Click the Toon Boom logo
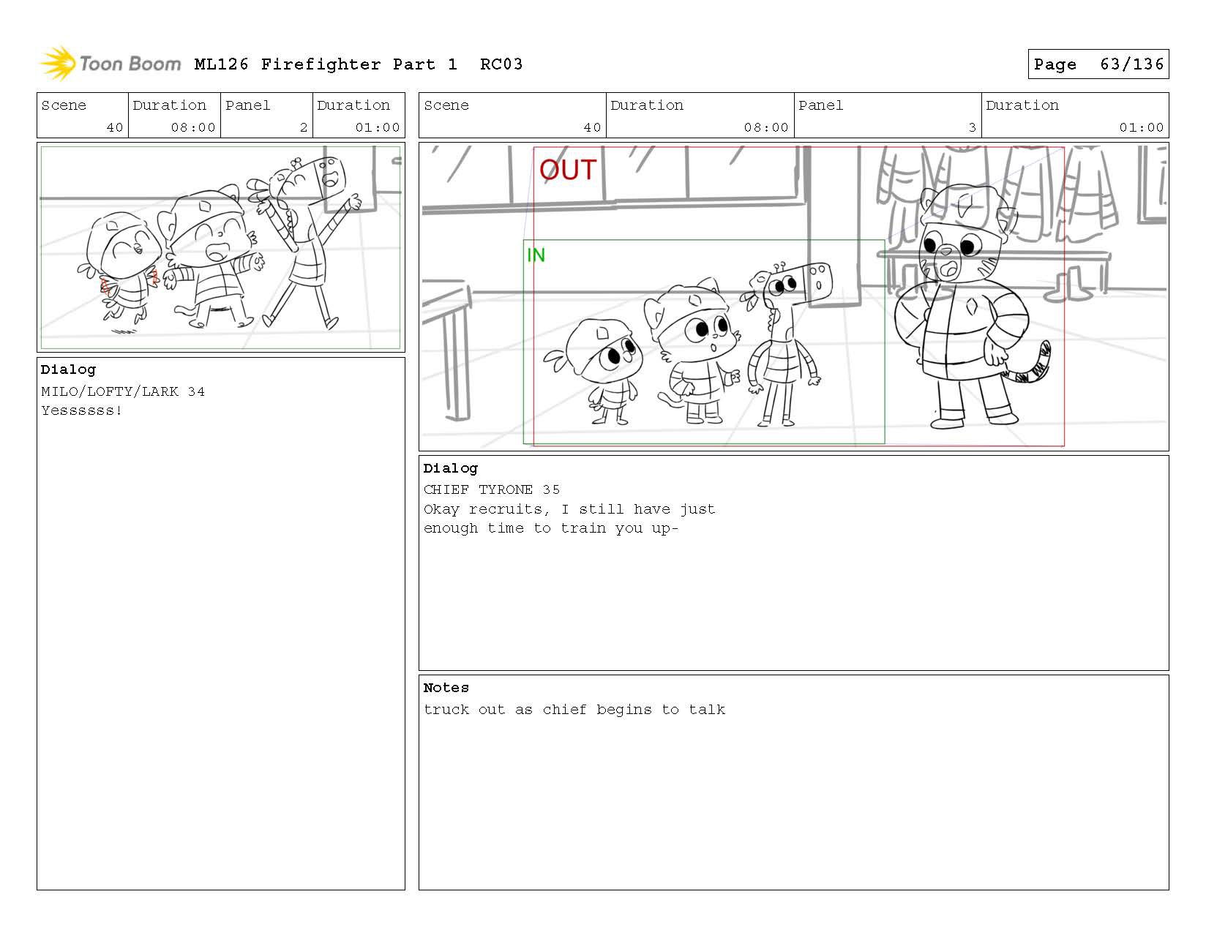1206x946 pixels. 111,64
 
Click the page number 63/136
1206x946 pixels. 1131,64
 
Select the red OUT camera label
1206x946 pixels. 568,170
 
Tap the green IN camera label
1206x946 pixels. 536,255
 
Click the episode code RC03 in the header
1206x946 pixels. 501,64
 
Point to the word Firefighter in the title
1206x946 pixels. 321,65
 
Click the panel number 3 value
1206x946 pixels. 973,127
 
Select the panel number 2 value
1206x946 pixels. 304,127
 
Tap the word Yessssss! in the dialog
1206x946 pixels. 81,410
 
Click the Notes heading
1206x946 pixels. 446,688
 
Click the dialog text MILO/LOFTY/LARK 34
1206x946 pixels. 123,391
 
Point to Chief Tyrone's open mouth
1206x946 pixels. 948,270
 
